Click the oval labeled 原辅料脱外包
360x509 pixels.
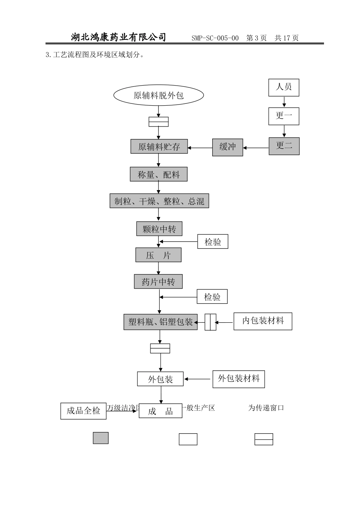[158, 95]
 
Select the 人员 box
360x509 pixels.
[284, 87]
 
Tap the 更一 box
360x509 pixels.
[284, 116]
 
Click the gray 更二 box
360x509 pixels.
[284, 146]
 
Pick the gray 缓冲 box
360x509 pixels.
[227, 147]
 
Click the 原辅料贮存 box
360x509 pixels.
[159, 147]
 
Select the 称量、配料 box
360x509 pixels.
[158, 175]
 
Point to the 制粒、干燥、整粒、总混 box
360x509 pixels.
[159, 201]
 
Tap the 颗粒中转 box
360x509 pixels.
[159, 229]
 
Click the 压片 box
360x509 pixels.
[158, 255]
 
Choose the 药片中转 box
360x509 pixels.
[158, 282]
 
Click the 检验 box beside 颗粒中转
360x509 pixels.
[213, 242]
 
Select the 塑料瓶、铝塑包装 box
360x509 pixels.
[160, 322]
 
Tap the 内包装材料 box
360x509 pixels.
[263, 321]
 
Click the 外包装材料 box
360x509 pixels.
[238, 379]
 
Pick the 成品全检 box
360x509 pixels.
[83, 411]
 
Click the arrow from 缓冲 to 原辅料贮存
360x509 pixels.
[200, 148]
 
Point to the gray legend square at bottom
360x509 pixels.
[101, 438]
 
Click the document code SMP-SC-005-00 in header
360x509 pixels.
[215, 38]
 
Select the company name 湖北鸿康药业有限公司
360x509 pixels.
[119, 37]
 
